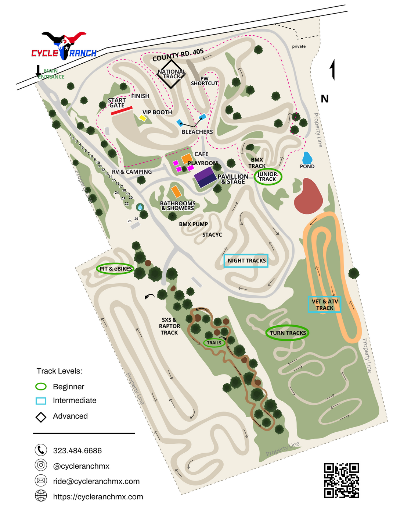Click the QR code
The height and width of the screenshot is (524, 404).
click(341, 480)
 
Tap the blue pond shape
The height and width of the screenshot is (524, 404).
click(307, 158)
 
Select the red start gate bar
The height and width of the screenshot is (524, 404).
click(122, 111)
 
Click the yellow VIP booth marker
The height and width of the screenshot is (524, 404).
click(143, 118)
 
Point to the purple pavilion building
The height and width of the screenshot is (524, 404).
click(205, 177)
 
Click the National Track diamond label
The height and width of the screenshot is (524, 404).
click(171, 74)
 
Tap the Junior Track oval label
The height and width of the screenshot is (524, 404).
click(268, 177)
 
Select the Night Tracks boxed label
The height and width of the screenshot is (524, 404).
click(246, 261)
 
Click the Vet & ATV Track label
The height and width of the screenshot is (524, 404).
click(324, 304)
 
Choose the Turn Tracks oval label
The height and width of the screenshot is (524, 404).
click(288, 333)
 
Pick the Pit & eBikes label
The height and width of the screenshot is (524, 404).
click(115, 269)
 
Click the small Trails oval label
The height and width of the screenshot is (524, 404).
click(214, 343)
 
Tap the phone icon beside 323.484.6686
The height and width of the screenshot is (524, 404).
click(41, 450)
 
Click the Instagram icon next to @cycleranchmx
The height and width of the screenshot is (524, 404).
click(41, 465)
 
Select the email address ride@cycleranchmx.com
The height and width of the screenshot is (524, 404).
click(96, 481)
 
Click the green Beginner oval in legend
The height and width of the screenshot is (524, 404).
click(41, 386)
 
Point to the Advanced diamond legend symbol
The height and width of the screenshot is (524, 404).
click(41, 417)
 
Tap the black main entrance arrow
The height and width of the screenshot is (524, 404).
click(38, 71)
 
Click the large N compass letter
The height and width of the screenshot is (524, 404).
click(325, 99)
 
